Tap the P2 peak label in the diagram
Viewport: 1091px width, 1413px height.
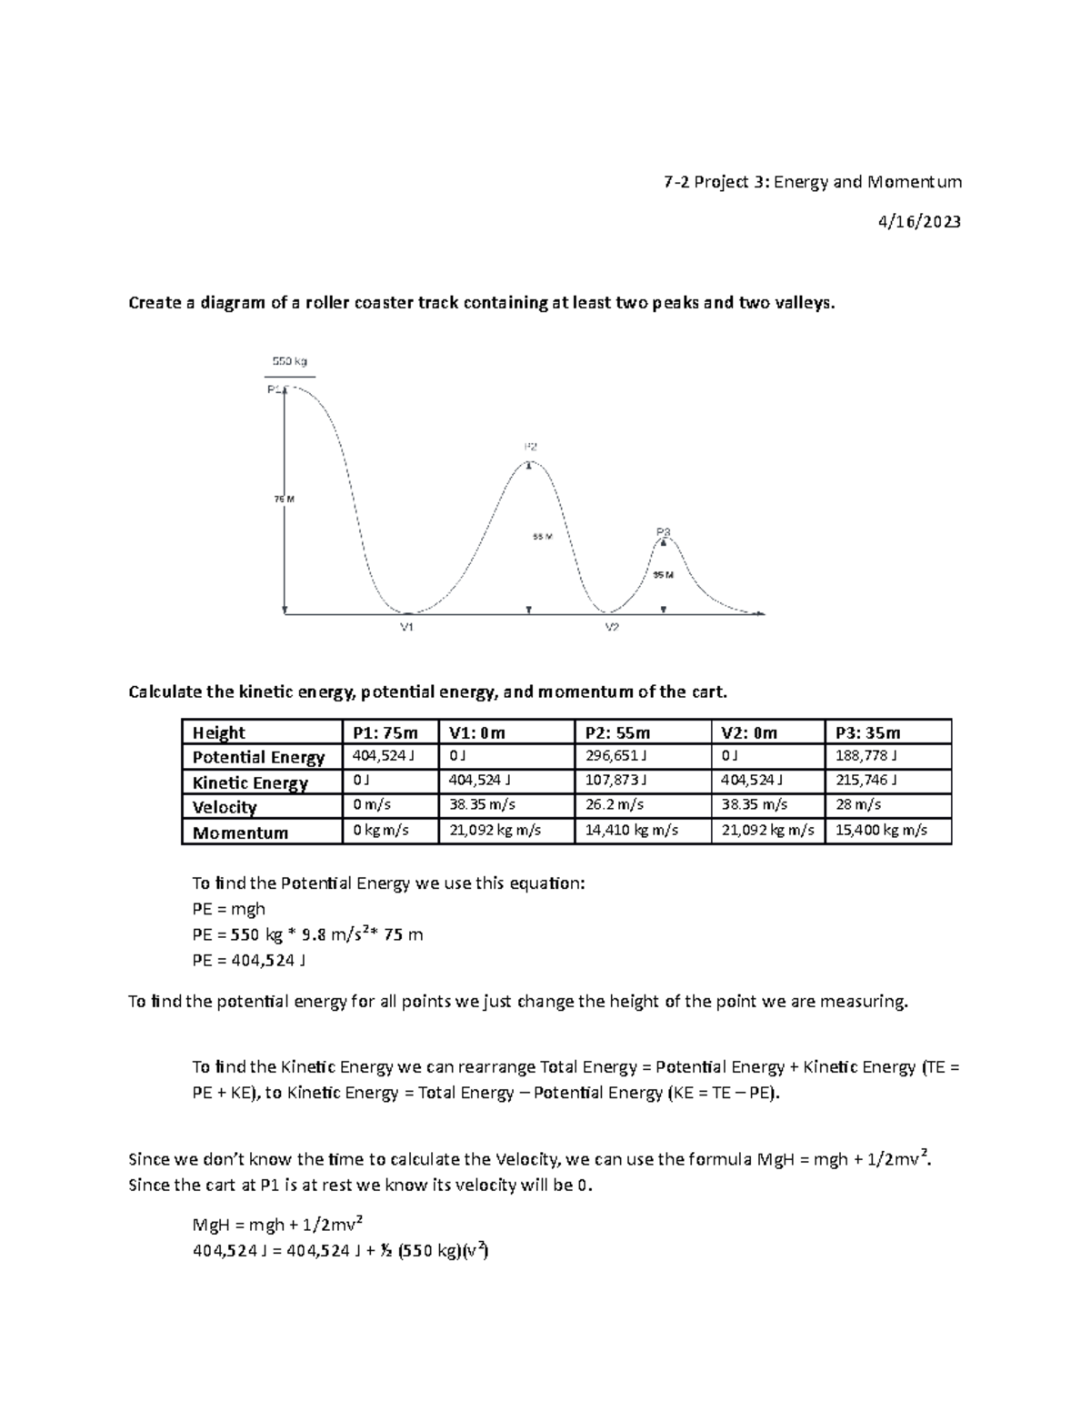click(x=530, y=447)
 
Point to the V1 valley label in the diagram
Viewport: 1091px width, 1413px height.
click(x=407, y=628)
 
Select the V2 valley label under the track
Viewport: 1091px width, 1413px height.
click(x=612, y=628)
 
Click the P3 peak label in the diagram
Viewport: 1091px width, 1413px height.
click(x=663, y=531)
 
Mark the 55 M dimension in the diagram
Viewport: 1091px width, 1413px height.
click(x=542, y=537)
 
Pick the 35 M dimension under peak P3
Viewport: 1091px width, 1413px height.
click(x=664, y=575)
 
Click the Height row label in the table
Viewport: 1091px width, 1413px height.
click(x=219, y=732)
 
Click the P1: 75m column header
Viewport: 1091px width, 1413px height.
click(x=385, y=732)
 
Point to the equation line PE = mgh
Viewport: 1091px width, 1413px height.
click(x=229, y=908)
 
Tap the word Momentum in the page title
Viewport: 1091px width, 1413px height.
click(x=914, y=182)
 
